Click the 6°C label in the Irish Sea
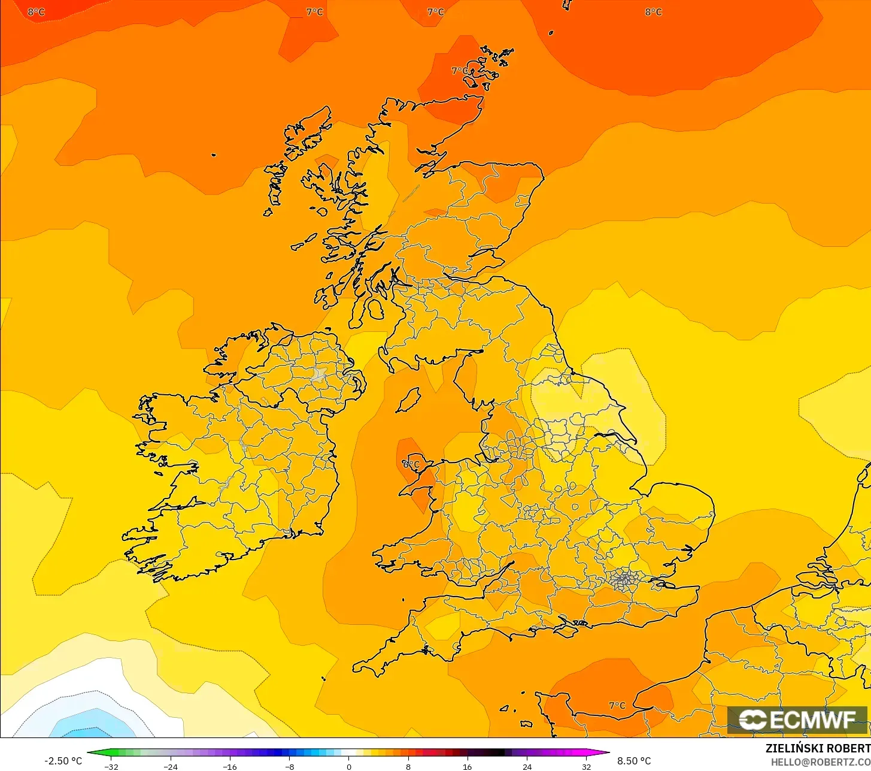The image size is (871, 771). click(x=411, y=464)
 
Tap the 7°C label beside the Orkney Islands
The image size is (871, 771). click(x=459, y=71)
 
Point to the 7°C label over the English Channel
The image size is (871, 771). click(x=617, y=705)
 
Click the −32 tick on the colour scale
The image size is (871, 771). click(x=111, y=766)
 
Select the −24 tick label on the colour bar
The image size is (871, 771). click(x=171, y=766)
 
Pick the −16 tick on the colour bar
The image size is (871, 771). click(x=230, y=766)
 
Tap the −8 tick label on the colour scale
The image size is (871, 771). click(x=289, y=766)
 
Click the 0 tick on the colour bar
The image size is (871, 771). click(x=349, y=766)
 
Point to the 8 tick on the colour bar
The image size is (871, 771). click(x=408, y=766)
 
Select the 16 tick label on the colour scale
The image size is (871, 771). click(x=468, y=766)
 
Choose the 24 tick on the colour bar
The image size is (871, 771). click(x=527, y=766)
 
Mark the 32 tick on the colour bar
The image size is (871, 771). click(x=586, y=766)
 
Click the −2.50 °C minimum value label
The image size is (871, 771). click(x=63, y=761)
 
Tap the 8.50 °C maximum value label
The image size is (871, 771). click(x=634, y=761)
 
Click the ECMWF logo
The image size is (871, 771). click(x=797, y=719)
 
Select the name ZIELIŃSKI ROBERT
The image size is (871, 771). click(x=818, y=748)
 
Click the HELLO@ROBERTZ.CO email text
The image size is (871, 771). click(x=820, y=762)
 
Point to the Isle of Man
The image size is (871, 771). click(x=409, y=400)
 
